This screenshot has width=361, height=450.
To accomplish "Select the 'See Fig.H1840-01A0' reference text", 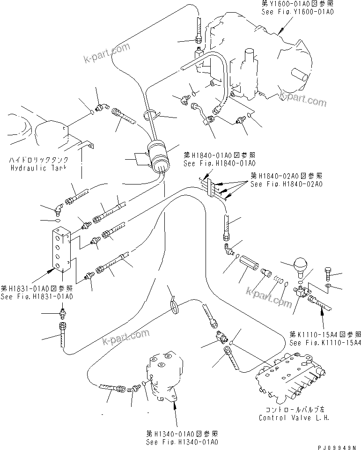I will pyautogui.click(x=219, y=163).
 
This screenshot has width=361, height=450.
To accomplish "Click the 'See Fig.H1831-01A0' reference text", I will pyautogui.click(x=37, y=296).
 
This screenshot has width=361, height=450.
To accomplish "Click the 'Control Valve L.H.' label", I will pyautogui.click(x=293, y=417).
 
